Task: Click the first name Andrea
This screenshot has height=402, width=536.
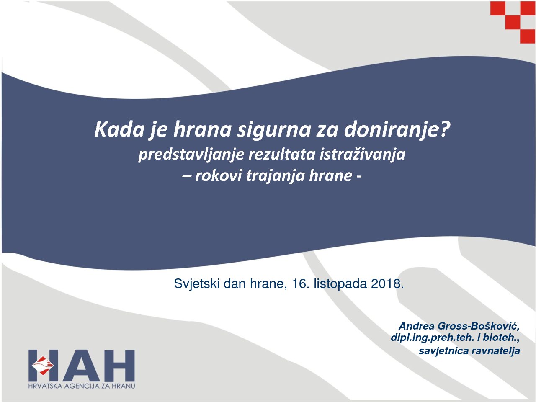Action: click(x=417, y=326)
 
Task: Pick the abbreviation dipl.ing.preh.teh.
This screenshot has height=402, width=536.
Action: click(x=433, y=338)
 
